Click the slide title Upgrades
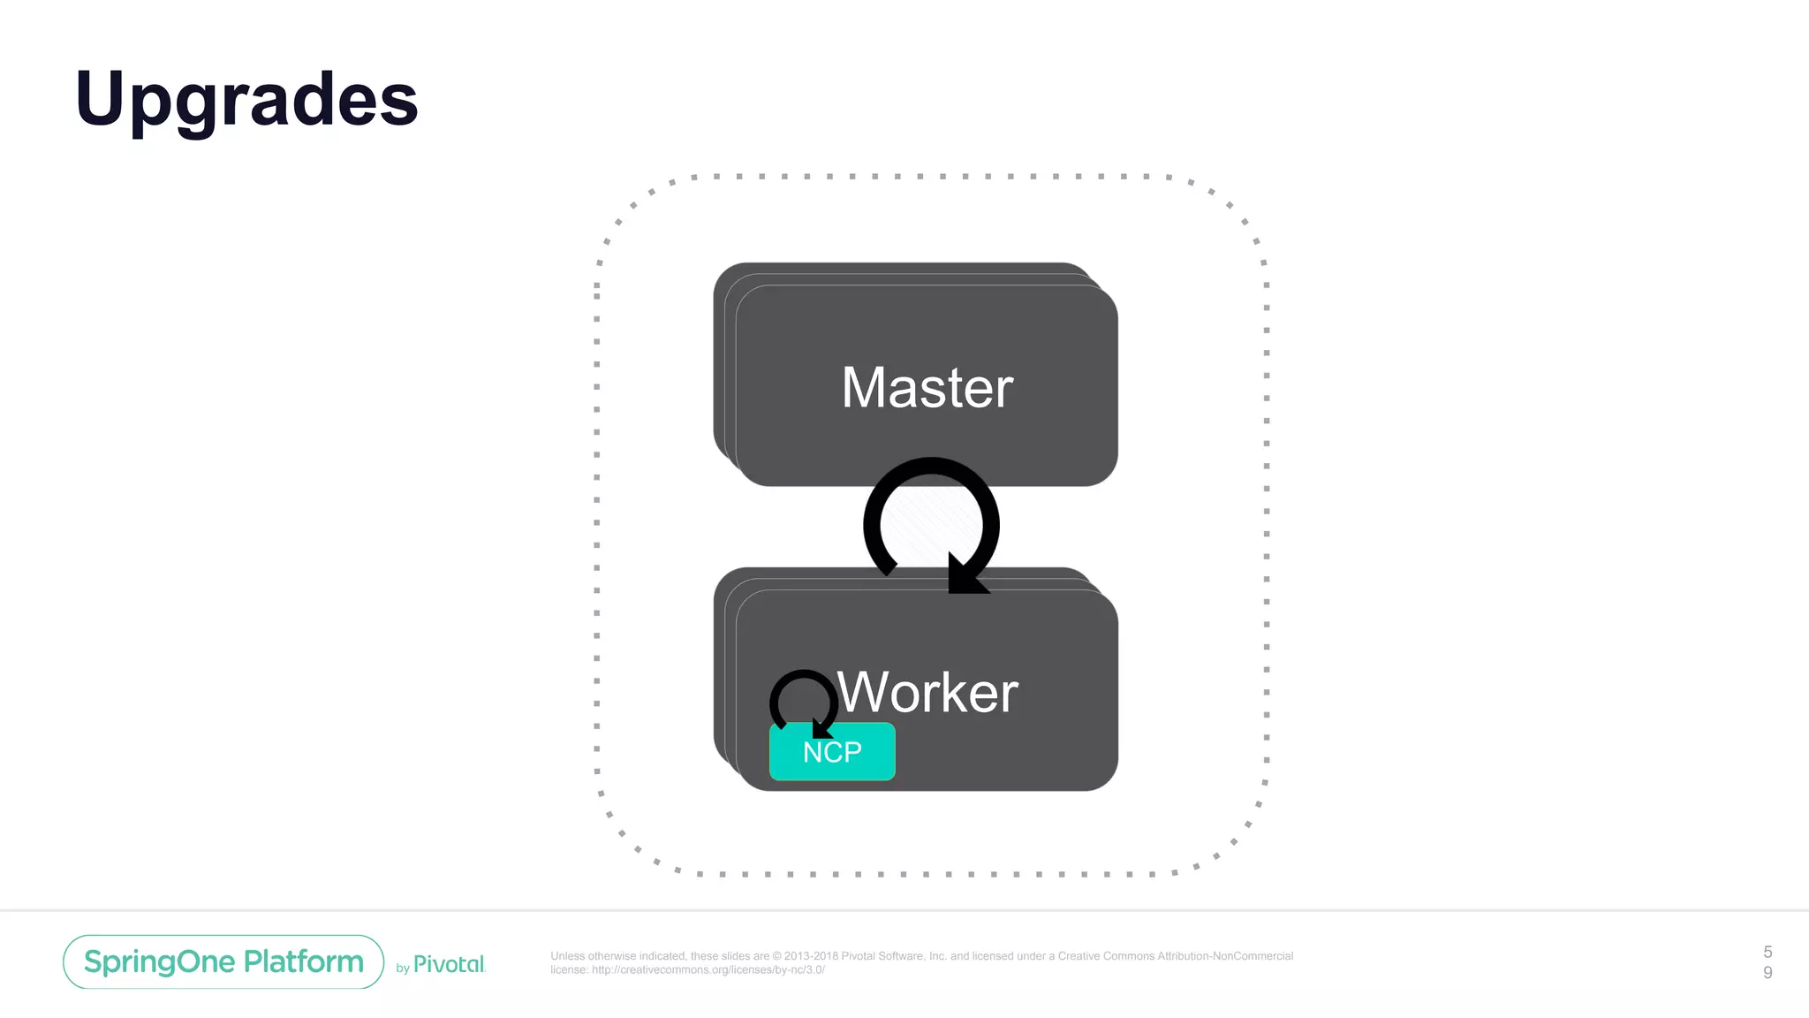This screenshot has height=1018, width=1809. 246,100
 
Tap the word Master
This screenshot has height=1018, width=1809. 927,388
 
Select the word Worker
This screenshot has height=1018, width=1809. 927,693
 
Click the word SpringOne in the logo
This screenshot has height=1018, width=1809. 159,961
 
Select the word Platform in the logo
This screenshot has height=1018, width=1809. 303,961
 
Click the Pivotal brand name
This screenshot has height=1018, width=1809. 449,964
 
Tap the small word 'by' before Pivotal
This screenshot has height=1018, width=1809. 403,969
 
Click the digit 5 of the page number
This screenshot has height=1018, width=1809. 1767,952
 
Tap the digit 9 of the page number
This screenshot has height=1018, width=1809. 1767,972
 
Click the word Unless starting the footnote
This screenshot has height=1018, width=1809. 568,956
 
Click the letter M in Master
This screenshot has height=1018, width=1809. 863,388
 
